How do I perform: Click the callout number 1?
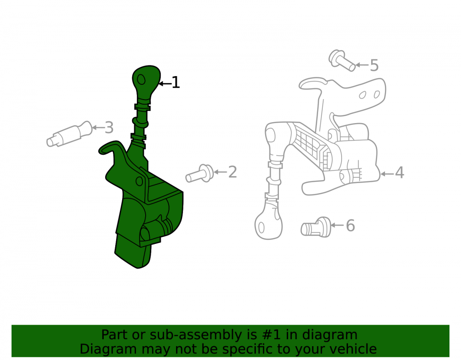click(x=176, y=83)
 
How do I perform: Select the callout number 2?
click(x=232, y=172)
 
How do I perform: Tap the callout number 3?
click(x=109, y=128)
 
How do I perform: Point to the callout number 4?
click(x=399, y=172)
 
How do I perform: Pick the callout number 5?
click(x=374, y=65)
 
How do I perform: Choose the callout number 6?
click(x=350, y=226)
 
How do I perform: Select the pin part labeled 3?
click(x=70, y=134)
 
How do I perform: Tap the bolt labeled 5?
click(x=342, y=60)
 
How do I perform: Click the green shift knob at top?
click(x=146, y=84)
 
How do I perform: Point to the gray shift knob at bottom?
click(x=268, y=223)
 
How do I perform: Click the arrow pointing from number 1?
click(x=165, y=84)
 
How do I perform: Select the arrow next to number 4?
click(x=387, y=174)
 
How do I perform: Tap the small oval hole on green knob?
click(x=142, y=79)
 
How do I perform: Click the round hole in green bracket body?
click(x=139, y=181)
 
